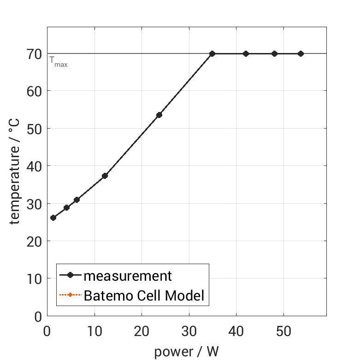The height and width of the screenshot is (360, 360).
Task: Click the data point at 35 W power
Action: coord(212,54)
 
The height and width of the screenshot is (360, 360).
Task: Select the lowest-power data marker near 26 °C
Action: coord(53,218)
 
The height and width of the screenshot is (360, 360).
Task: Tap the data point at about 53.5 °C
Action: coord(159,115)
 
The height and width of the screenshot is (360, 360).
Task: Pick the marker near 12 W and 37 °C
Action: coord(105,176)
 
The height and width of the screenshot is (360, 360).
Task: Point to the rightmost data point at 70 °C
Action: coord(301,54)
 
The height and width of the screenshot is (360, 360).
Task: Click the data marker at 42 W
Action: coord(246,54)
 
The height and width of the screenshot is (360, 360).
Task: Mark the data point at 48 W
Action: coord(274,54)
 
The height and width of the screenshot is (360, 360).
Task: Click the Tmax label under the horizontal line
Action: coord(59,62)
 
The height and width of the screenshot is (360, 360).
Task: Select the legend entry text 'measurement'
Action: coord(128,276)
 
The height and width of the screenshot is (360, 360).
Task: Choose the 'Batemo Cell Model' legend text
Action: coord(144,295)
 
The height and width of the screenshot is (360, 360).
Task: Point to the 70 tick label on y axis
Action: coord(35,54)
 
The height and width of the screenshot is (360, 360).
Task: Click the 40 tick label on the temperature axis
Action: coord(35,166)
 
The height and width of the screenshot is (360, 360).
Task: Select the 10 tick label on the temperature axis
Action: coord(35,279)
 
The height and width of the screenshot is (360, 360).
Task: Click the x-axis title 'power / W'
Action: coord(186,352)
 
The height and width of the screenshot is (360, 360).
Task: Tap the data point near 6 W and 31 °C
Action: coord(77,200)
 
